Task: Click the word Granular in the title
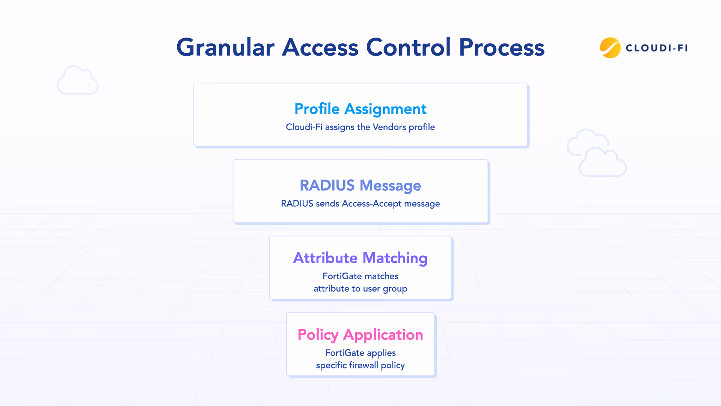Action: point(225,48)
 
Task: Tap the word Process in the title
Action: point(502,48)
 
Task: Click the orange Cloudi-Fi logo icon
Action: point(610,48)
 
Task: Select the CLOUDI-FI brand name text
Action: point(656,48)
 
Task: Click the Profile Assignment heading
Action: point(360,109)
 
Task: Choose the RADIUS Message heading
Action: point(360,185)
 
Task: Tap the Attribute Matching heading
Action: point(360,258)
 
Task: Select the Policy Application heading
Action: point(360,335)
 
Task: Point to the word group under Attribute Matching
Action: point(395,289)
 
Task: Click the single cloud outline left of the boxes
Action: point(78,80)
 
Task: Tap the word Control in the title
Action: point(408,48)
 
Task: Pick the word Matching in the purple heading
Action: point(395,258)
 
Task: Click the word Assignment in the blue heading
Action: point(385,109)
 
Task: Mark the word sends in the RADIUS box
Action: point(327,204)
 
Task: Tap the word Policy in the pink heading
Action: point(318,335)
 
